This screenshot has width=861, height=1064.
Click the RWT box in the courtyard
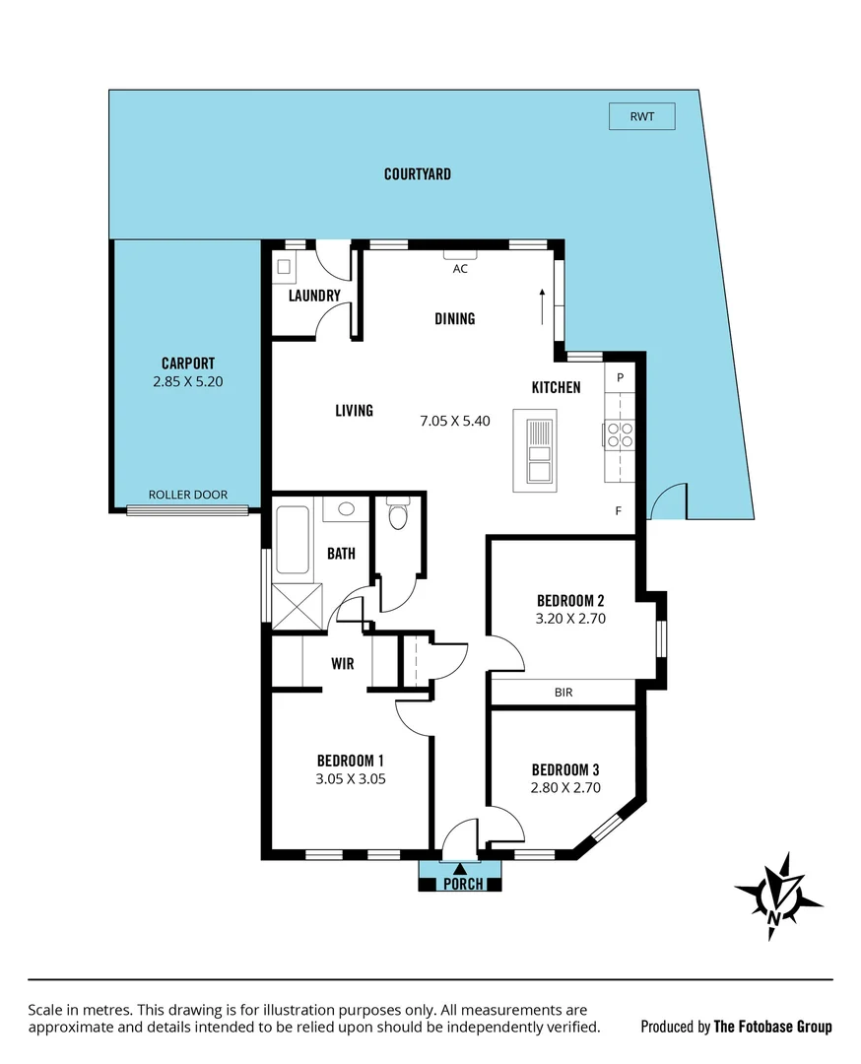pos(641,117)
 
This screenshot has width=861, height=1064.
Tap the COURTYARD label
pos(418,174)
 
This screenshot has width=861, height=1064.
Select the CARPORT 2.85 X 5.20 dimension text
pos(188,381)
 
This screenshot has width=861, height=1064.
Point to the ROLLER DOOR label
pos(188,496)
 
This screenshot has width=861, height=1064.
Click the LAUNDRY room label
pos(314,296)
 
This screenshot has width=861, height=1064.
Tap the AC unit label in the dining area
pos(459,268)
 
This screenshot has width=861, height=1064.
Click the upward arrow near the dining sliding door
pos(541,305)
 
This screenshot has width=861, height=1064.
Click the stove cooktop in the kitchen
pos(620,434)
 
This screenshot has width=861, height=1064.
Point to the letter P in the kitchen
pos(621,377)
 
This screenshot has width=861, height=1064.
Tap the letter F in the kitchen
pos(619,510)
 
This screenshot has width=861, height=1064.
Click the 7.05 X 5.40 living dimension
pos(455,420)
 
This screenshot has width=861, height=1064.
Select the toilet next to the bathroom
pos(398,515)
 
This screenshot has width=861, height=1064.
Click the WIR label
pos(342,664)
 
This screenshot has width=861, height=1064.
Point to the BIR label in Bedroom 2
pos(563,693)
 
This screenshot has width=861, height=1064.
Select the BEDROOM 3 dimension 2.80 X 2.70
pos(565,787)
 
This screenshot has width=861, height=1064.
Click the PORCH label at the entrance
pos(463,884)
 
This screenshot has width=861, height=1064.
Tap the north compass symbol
pos(777,895)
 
